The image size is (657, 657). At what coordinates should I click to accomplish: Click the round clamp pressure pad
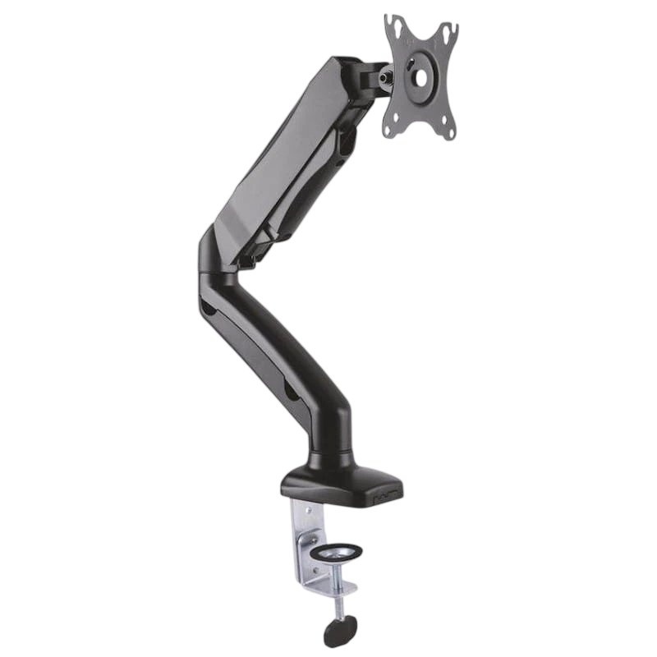coord(338,549)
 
